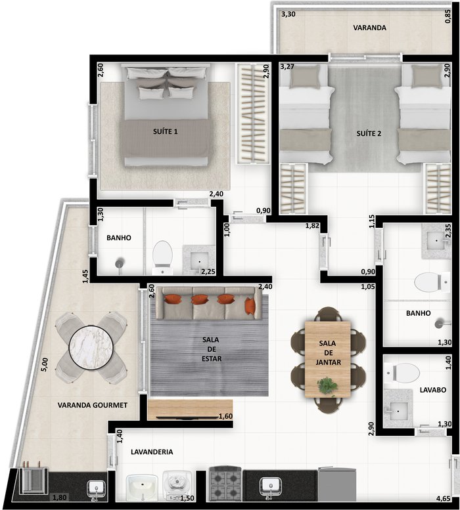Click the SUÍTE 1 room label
click(x=166, y=131)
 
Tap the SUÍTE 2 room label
click(x=369, y=133)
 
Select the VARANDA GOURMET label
click(x=93, y=405)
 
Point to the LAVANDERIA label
click(x=152, y=452)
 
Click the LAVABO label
click(x=432, y=390)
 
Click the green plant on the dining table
click(x=327, y=385)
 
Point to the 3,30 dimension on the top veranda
click(x=288, y=14)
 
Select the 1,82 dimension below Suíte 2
click(x=312, y=225)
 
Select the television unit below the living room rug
click(x=190, y=410)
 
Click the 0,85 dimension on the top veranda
click(x=448, y=16)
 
